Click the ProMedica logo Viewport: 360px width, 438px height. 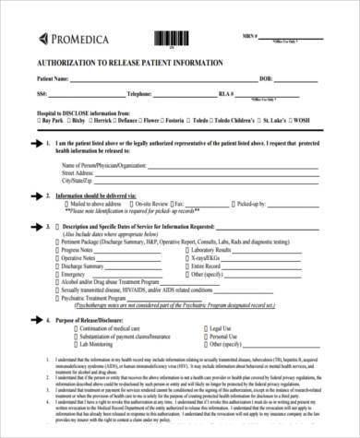[x=68, y=38]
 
